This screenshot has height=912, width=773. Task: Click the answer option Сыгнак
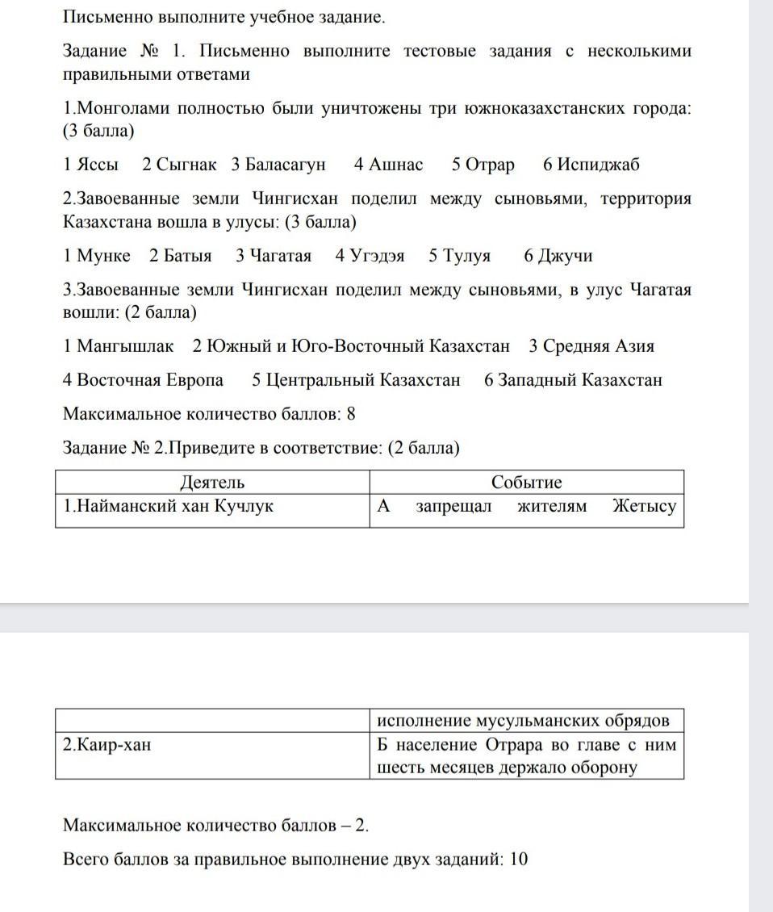(x=179, y=165)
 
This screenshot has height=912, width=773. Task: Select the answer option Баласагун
(x=278, y=165)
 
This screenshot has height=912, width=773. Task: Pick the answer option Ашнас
(x=388, y=165)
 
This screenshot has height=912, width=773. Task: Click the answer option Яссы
(x=90, y=165)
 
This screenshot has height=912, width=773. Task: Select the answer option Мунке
(x=96, y=256)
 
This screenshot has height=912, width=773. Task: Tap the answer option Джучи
(x=558, y=256)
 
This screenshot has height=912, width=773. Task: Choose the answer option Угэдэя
(x=370, y=256)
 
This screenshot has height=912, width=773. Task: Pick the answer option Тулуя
(x=460, y=256)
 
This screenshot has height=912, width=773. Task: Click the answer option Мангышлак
(x=118, y=346)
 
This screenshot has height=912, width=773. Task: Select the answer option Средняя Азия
(x=591, y=346)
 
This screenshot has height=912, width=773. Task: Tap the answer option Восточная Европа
(x=143, y=380)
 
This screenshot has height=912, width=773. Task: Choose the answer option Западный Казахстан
(x=573, y=380)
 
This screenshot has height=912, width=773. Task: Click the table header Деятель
(x=212, y=483)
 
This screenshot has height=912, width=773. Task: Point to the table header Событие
(x=527, y=483)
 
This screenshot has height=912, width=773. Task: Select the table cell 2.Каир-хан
(x=107, y=744)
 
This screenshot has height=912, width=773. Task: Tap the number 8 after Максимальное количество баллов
(x=351, y=414)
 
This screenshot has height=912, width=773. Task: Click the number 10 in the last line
(x=519, y=859)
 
